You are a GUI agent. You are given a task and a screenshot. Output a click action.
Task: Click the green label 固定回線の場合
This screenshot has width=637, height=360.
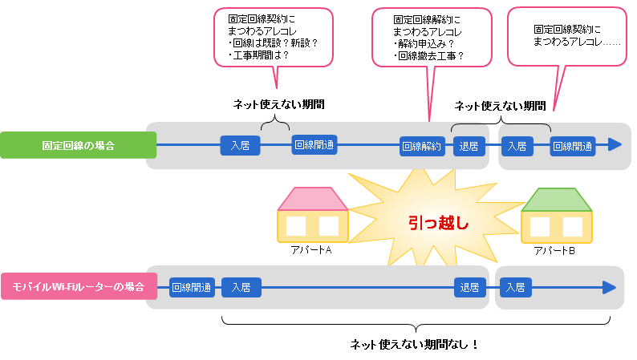tap(78, 146)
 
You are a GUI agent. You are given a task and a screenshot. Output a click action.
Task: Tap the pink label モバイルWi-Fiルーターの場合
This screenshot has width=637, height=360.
tap(79, 287)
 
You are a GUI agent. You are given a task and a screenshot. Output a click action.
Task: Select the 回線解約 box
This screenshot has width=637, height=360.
tap(422, 146)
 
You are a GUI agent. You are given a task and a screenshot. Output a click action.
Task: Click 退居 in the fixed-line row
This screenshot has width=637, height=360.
tap(469, 146)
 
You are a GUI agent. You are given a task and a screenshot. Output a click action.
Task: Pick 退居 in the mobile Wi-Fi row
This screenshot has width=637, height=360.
tap(469, 287)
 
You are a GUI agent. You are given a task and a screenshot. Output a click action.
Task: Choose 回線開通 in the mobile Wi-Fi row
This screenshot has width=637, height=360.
tap(192, 287)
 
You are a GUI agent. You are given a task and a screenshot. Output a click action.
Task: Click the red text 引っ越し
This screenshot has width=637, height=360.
tap(438, 224)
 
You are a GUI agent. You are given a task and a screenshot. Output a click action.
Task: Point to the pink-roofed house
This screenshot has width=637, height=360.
tap(313, 215)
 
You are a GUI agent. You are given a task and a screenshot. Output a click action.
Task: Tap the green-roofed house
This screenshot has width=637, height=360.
tap(557, 215)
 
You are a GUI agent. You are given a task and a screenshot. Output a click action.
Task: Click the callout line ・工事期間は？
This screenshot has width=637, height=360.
tap(258, 56)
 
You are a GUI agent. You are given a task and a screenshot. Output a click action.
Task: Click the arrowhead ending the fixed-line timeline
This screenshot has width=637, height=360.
tap(615, 145)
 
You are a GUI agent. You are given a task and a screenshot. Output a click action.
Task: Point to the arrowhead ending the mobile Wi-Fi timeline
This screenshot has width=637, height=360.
tap(609, 287)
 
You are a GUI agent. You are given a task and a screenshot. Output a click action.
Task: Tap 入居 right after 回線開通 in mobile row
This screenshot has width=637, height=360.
tap(241, 287)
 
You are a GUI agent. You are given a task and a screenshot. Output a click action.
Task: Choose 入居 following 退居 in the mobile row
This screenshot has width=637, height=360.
tap(516, 287)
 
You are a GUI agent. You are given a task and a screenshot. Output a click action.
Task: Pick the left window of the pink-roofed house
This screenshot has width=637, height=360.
tap(296, 226)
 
